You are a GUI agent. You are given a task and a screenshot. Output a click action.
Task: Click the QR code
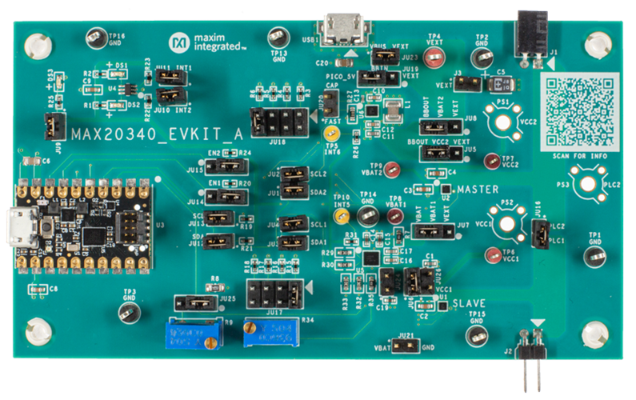pyautogui.click(x=579, y=110)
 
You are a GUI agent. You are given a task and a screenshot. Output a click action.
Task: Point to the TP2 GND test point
pyautogui.click(x=482, y=58)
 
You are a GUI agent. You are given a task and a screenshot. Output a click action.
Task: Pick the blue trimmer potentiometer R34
pyautogui.click(x=268, y=332)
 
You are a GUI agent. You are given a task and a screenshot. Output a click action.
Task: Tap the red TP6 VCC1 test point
pyautogui.click(x=487, y=254)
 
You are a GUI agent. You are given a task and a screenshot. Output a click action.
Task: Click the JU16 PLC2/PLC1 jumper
pyautogui.click(x=540, y=234)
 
